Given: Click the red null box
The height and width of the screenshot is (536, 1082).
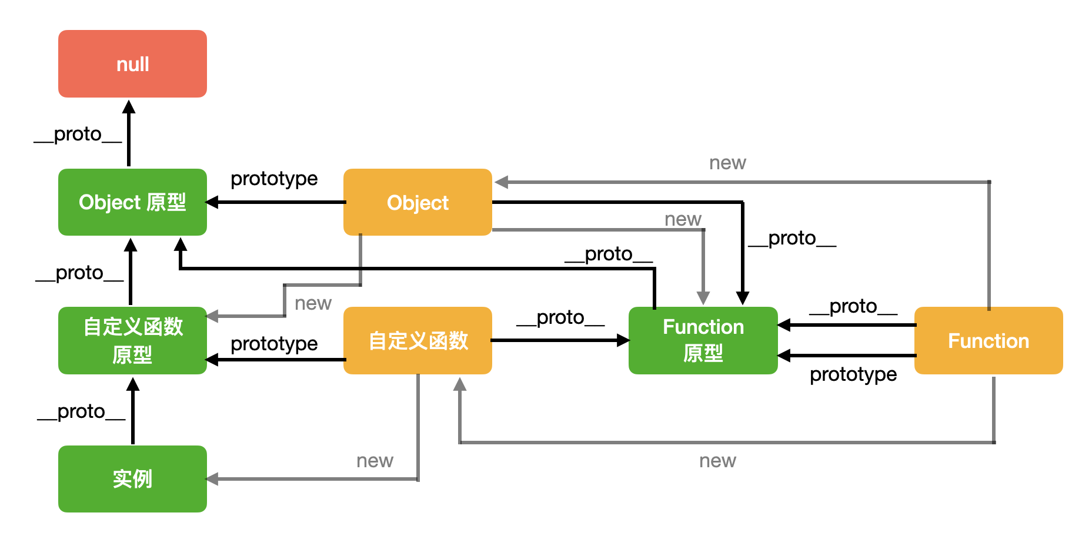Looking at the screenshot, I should (x=132, y=63).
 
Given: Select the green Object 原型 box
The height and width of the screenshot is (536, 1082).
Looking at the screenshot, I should (x=132, y=202).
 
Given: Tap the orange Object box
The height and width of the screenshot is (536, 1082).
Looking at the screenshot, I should (x=418, y=202).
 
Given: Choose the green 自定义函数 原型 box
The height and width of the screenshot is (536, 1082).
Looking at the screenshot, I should (x=132, y=340).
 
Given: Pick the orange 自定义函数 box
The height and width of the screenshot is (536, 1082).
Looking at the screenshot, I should (x=418, y=340).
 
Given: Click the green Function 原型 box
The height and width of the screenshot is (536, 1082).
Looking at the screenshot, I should (x=703, y=340).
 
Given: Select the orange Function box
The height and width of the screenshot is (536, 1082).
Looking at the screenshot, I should (x=989, y=340).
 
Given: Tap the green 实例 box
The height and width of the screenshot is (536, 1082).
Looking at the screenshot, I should (x=132, y=479).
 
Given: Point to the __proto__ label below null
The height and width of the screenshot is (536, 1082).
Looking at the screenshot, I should (x=78, y=134).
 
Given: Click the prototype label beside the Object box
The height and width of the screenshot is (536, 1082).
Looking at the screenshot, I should (x=274, y=179).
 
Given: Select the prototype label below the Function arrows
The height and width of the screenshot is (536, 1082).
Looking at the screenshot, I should (x=853, y=374).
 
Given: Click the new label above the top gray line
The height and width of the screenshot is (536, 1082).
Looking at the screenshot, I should (x=727, y=163).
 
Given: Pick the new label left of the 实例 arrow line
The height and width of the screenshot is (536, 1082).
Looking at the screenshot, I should (x=375, y=461).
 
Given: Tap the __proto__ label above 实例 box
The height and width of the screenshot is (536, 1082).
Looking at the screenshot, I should (x=81, y=411).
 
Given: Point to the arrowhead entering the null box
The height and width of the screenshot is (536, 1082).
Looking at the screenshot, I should (x=129, y=106).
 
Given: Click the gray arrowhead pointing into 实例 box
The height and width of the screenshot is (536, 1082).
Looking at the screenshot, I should (x=212, y=479).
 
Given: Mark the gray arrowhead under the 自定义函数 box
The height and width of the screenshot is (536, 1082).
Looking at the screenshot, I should (x=460, y=384).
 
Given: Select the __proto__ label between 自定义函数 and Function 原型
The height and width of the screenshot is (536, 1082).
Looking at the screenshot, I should (x=560, y=317).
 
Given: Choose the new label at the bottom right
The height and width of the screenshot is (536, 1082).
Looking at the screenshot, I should (x=717, y=461).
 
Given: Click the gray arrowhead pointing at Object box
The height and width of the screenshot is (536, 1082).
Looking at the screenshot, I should (x=501, y=182).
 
